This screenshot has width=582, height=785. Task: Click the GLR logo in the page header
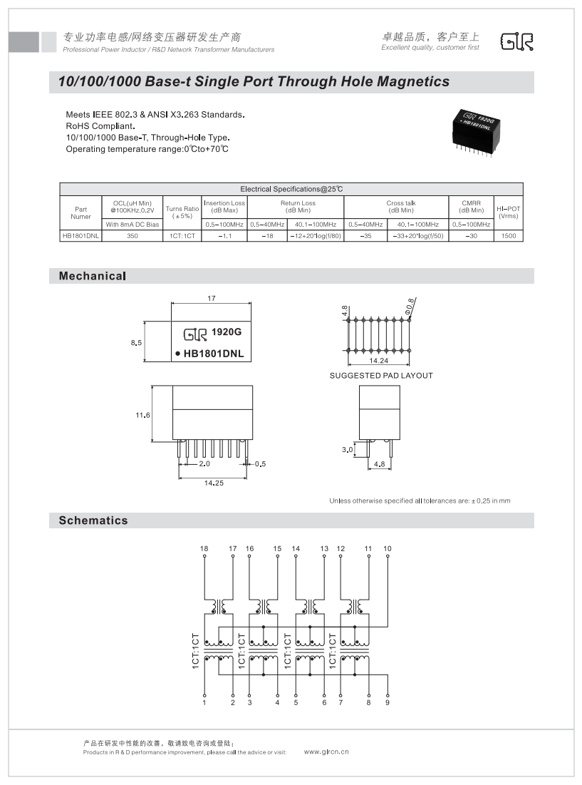pos(517,42)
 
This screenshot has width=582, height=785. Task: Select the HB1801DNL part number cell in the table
pos(80,235)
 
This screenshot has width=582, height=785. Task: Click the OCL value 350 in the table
pos(132,235)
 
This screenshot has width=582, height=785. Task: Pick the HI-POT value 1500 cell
pos(508,235)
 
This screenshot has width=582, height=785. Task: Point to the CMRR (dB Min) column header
pos(471,207)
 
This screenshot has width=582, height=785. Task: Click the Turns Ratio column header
pos(182,212)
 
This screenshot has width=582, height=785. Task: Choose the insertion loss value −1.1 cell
pos(224,235)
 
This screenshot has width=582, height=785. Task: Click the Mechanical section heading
pos(93,276)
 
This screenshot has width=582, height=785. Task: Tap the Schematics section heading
pos(93,520)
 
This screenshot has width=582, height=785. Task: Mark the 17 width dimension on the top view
pos(212,298)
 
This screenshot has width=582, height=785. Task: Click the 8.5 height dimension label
pos(136,343)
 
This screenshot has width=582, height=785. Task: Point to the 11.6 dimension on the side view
pos(142,416)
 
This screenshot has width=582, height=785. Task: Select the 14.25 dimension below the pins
pos(213,483)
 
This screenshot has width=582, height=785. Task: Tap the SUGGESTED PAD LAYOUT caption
pos(380,375)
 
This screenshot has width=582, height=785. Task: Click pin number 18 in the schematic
pos(204,548)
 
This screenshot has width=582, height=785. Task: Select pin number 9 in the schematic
pos(388,703)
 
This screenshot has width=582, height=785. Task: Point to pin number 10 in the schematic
pos(388,548)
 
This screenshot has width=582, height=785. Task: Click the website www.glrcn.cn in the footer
pos(326,751)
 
